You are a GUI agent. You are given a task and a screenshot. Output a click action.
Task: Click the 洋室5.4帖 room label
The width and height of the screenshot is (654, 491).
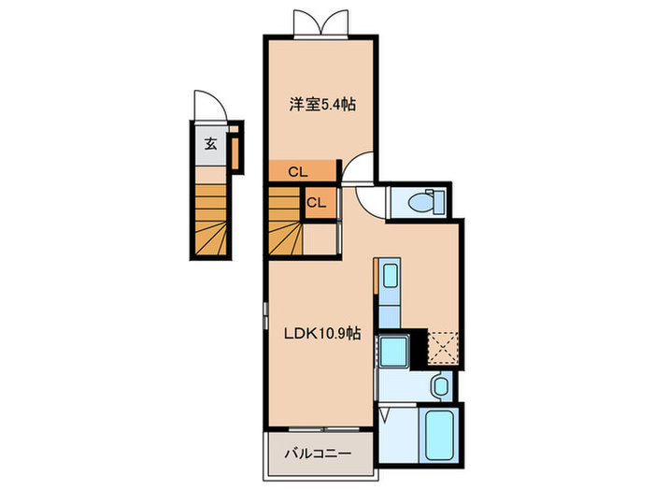(320, 105)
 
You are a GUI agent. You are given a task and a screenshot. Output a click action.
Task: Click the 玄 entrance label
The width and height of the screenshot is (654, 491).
(211, 144)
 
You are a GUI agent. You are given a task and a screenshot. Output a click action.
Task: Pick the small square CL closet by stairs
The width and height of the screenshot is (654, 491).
(316, 202)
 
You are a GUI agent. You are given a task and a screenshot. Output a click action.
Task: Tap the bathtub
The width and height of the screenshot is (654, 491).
(436, 435)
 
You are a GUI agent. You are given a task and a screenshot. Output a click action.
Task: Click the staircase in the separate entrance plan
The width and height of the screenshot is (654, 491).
(211, 217)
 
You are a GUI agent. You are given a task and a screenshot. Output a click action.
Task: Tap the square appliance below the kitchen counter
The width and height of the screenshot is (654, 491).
(392, 353)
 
